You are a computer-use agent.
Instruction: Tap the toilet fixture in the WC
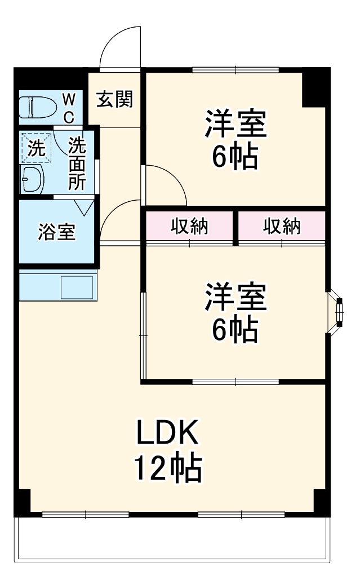coord(37,106)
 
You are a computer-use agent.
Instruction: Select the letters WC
coord(68,108)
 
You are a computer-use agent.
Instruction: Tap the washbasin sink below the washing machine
coord(33,180)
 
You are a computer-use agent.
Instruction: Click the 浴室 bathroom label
coord(56,232)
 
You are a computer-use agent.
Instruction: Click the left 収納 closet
coord(189,226)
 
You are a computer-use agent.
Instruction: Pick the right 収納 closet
coord(281,226)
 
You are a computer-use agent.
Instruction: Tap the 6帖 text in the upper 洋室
coord(235,157)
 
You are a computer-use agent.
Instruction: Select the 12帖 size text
coord(167,467)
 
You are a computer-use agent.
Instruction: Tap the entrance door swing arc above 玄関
coord(119,48)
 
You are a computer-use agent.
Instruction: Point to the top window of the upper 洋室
coord(235,70)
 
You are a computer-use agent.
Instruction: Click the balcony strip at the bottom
coord(172,538)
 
